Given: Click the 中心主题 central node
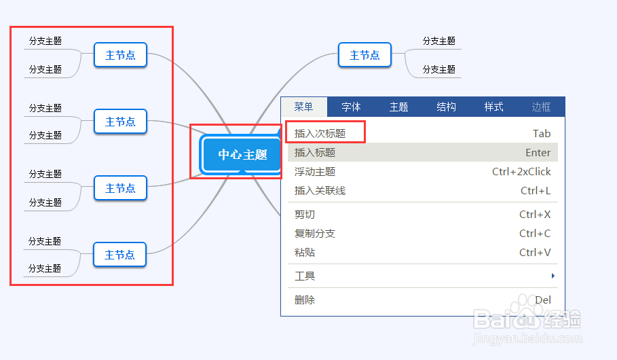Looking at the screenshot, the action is click(242, 155).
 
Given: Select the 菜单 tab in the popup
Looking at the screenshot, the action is click(303, 107).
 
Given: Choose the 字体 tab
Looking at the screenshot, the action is click(351, 107).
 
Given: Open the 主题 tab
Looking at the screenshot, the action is click(398, 107).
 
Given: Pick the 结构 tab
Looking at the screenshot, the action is click(446, 107).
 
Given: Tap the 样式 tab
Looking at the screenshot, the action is click(493, 107).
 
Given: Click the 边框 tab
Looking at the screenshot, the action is click(541, 107).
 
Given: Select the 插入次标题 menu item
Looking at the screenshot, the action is click(320, 134).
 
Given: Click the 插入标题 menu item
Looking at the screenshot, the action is click(315, 153).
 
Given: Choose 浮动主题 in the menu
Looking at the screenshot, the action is click(315, 172).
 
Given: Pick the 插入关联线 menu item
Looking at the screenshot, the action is click(320, 191).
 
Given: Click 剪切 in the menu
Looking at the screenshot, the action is click(305, 215).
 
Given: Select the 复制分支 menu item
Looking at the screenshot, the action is click(315, 234).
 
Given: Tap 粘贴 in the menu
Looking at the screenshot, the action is click(305, 253).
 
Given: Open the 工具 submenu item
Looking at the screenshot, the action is click(305, 276).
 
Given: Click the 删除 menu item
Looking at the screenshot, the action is click(305, 300).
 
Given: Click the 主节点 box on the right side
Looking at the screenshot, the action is click(364, 55).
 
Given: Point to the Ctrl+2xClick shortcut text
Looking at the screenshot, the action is click(521, 172).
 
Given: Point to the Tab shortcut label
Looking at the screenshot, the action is click(542, 134).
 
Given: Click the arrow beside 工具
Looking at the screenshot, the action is click(553, 276).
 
